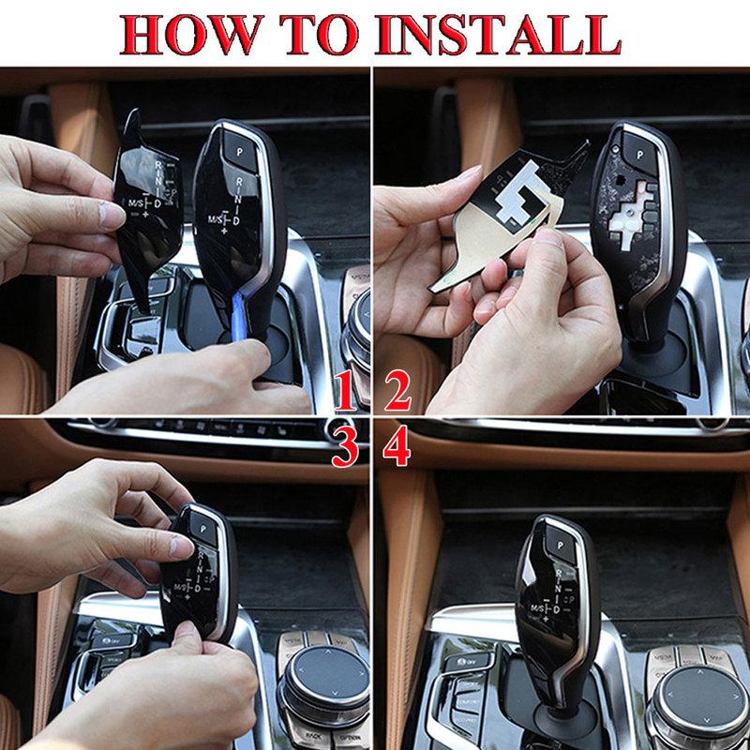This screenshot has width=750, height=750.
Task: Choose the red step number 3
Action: [x=346, y=450]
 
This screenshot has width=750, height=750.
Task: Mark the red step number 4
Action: [x=398, y=450]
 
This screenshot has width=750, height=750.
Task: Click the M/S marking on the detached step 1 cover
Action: [x=140, y=203]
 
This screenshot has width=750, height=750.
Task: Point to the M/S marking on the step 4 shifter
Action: [x=541, y=610]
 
